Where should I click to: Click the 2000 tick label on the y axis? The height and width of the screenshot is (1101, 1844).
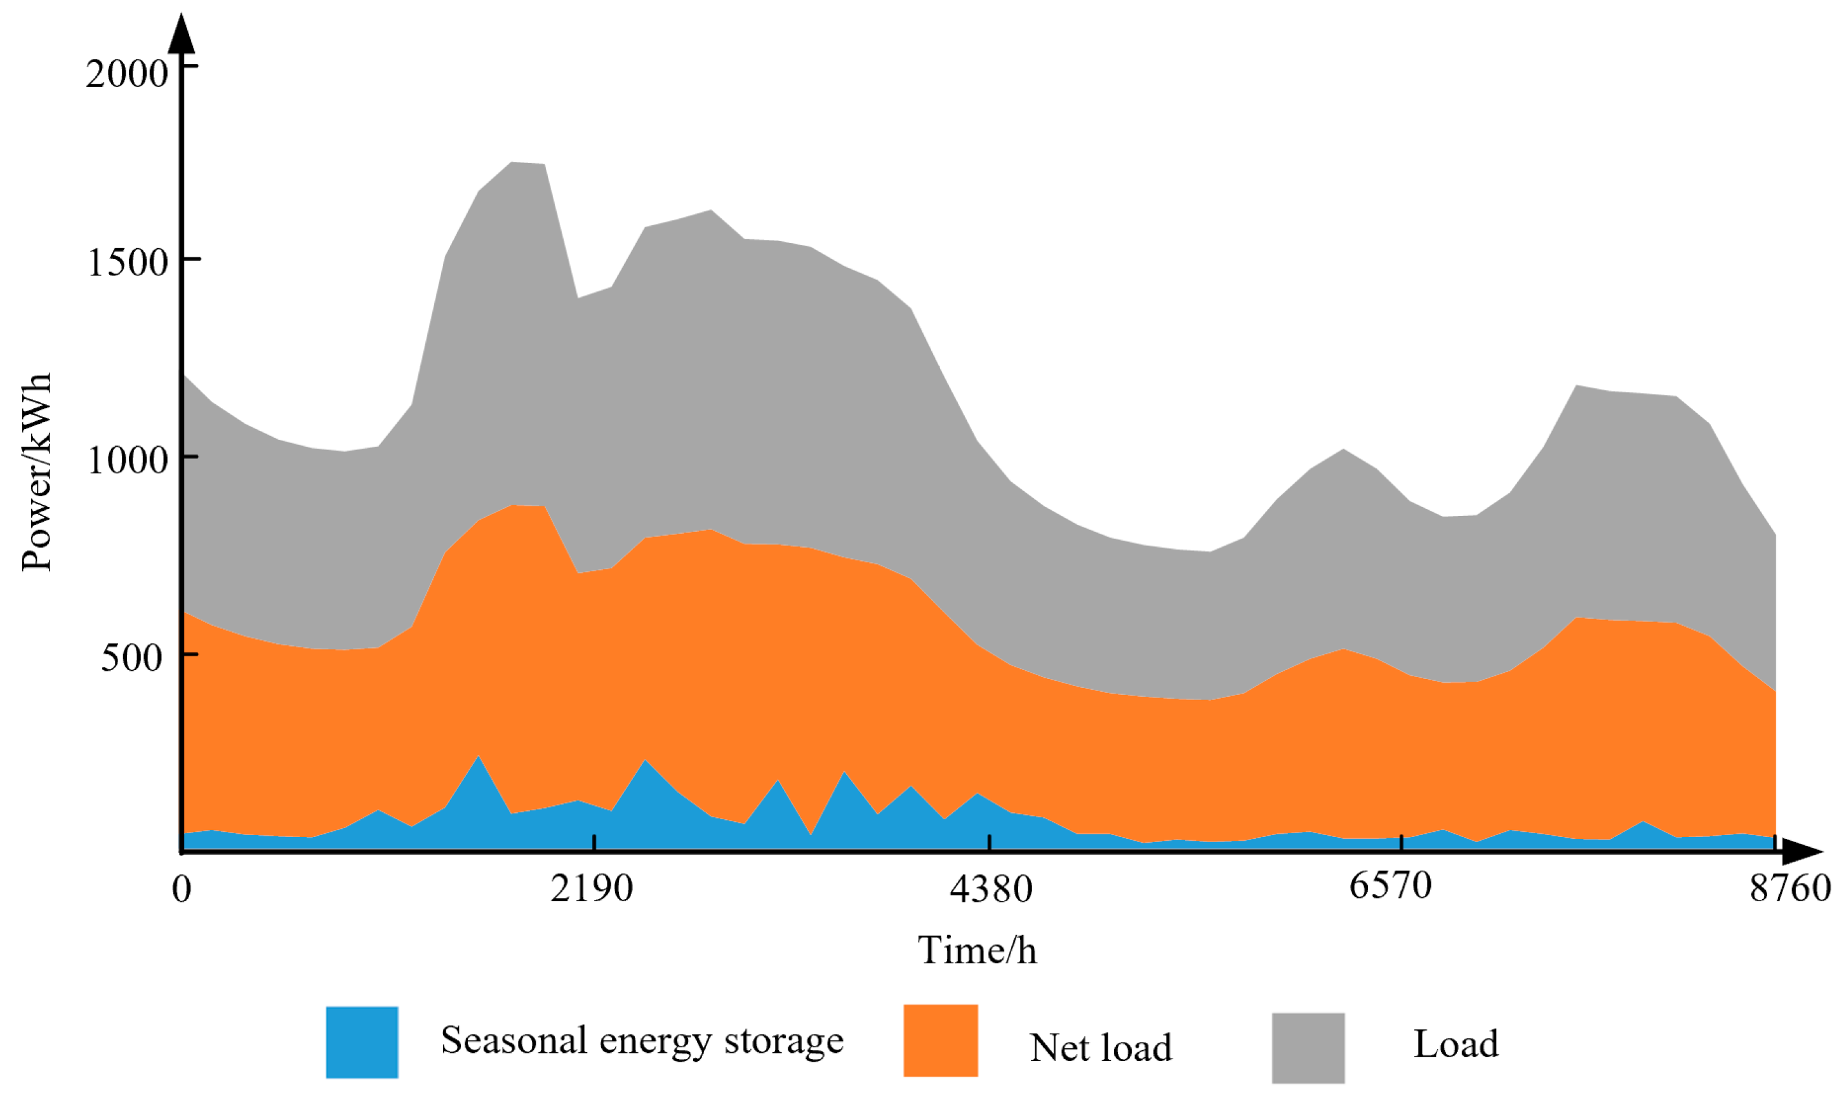[127, 74]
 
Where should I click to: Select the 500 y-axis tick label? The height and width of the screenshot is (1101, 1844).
[131, 657]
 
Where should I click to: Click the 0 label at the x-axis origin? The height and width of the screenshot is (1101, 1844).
[182, 888]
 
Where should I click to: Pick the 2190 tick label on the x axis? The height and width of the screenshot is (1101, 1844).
[592, 887]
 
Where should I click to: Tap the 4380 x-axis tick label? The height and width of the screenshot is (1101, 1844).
[991, 888]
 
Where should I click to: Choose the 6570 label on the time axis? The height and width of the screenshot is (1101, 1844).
[1390, 885]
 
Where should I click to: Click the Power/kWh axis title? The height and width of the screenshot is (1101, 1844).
[36, 473]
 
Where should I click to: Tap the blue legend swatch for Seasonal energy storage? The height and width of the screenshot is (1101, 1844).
[362, 1041]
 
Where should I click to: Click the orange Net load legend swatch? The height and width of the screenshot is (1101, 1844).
[940, 1040]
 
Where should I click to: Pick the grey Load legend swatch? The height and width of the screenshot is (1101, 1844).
[1308, 1048]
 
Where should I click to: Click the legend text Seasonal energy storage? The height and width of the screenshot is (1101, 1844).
[642, 1040]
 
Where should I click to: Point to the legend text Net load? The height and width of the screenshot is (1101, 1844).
[1101, 1048]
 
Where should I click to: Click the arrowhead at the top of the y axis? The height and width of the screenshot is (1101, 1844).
[182, 34]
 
